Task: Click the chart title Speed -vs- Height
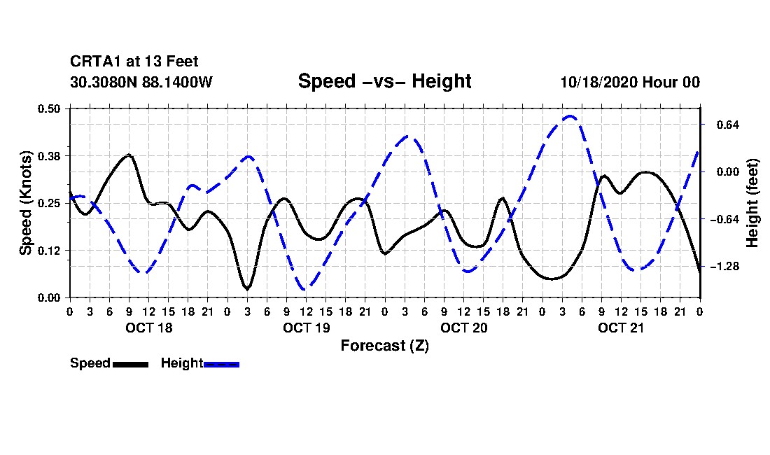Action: [384, 81]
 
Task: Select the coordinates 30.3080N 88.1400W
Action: [141, 82]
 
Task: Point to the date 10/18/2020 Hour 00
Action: [630, 82]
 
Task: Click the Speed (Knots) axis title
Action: [26, 202]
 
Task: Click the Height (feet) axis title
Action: [753, 203]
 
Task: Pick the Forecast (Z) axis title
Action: [384, 345]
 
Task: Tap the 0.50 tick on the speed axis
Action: [50, 108]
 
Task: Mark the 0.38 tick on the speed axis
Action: [50, 155]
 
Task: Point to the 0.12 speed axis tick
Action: [50, 250]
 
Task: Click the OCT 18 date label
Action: [149, 328]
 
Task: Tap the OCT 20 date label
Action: [464, 328]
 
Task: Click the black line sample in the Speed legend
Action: [130, 364]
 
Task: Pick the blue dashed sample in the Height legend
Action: [221, 364]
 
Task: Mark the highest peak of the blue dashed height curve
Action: [570, 116]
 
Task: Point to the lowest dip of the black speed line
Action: [246, 288]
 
